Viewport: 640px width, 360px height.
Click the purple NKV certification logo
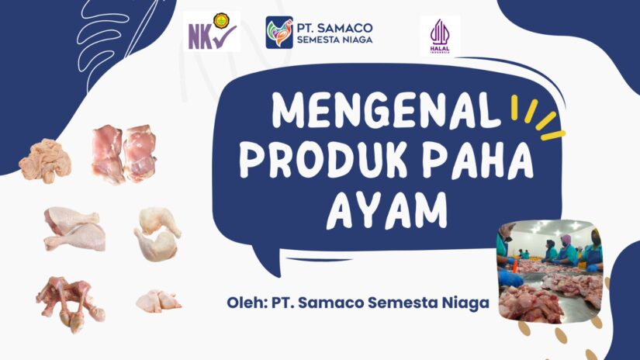[212, 33]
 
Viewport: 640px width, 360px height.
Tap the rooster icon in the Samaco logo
[279, 33]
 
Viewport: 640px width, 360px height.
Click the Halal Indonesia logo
[439, 36]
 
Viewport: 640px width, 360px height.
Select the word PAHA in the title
[473, 161]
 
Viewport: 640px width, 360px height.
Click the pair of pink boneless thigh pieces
[123, 154]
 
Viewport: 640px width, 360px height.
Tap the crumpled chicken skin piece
[45, 158]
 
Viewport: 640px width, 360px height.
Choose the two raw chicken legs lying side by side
[74, 228]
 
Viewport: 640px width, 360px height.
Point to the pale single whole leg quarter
[157, 233]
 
